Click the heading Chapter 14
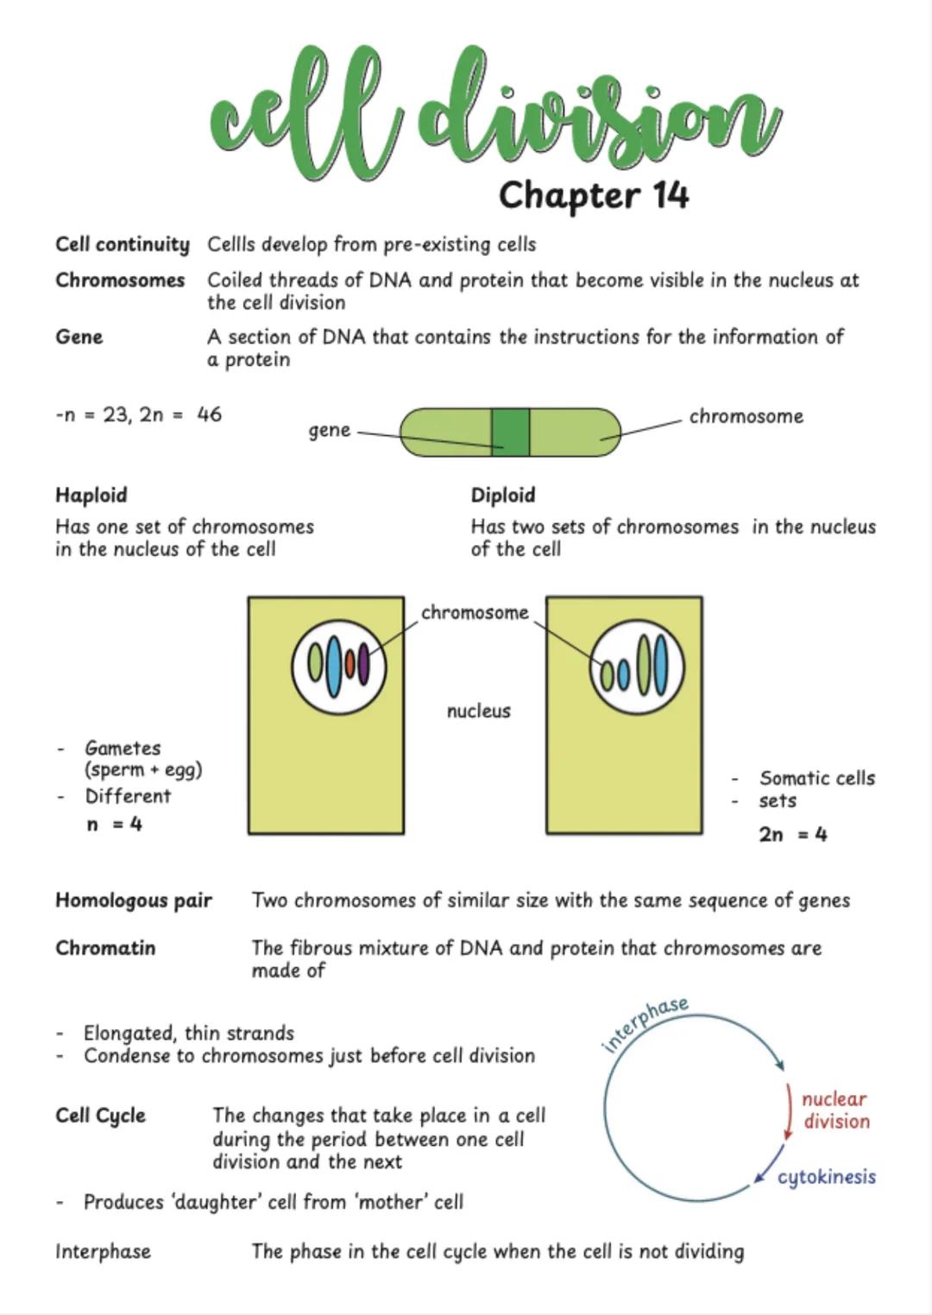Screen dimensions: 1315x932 coord(594,195)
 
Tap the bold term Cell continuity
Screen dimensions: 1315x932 coord(122,244)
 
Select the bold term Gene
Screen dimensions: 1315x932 coord(79,337)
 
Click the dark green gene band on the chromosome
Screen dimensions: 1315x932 coord(510,432)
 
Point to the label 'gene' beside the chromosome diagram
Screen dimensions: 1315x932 coord(330,430)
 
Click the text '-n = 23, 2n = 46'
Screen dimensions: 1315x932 coord(138,414)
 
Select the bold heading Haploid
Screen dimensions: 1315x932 coord(91,495)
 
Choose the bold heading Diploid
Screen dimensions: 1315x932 coord(502,495)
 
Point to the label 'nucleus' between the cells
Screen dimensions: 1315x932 coord(478,711)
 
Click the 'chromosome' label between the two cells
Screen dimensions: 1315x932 coord(475,612)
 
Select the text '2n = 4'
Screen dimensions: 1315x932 coord(792,834)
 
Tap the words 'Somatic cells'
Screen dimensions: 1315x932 coord(816,778)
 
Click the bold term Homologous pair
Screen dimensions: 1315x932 coord(133,901)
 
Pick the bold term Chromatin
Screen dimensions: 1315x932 coord(105,948)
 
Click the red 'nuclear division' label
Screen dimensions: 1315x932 coord(834,1110)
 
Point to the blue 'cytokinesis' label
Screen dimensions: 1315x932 coord(826,1177)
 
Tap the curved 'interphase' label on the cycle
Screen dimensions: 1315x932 coord(645,1022)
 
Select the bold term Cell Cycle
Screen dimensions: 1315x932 coord(100,1116)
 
